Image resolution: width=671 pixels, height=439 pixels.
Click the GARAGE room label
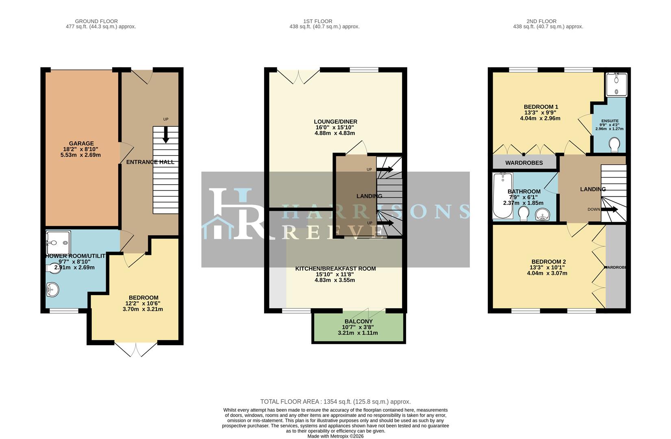click(81, 143)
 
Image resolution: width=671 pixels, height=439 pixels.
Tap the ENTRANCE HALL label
click(150, 162)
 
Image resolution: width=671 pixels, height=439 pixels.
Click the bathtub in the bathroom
click(503, 195)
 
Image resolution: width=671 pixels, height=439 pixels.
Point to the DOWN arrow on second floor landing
click(609, 210)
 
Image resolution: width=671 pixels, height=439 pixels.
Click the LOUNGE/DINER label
click(335, 122)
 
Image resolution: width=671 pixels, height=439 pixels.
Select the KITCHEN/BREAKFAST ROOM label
click(335, 269)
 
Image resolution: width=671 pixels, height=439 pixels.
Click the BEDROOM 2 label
click(549, 262)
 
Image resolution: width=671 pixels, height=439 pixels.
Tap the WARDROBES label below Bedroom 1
click(524, 163)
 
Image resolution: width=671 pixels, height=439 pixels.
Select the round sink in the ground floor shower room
click(52, 290)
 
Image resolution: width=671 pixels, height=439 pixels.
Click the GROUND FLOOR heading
click(96, 21)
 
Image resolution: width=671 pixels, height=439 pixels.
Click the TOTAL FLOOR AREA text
click(335, 402)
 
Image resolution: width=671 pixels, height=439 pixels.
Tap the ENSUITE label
click(610, 121)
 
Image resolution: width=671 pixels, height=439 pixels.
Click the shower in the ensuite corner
click(617, 85)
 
